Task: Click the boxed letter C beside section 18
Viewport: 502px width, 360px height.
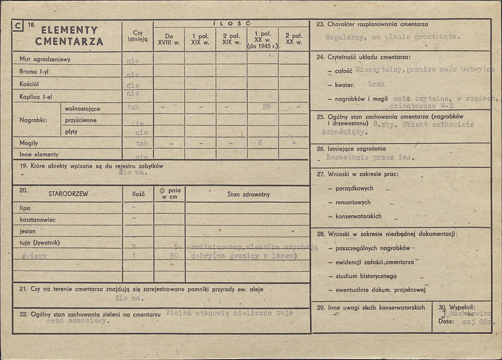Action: (x=18, y=26)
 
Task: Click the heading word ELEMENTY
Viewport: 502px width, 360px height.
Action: (x=70, y=30)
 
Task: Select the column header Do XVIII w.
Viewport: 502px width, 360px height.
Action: (x=169, y=39)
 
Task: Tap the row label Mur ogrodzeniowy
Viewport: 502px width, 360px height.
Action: (x=45, y=59)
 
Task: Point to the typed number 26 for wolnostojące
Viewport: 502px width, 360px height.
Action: (x=266, y=107)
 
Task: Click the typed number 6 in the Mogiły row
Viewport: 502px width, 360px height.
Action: (x=260, y=143)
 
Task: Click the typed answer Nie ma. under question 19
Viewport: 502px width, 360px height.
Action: (x=132, y=172)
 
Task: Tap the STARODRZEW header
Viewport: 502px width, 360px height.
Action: (x=68, y=194)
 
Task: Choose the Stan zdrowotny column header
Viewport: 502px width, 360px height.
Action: (x=249, y=194)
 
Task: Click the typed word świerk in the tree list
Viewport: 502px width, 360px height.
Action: (x=33, y=255)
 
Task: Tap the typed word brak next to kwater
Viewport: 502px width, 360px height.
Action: (x=376, y=84)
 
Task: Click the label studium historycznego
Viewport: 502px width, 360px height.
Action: (x=366, y=276)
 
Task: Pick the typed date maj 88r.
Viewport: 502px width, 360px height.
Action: (x=476, y=322)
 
